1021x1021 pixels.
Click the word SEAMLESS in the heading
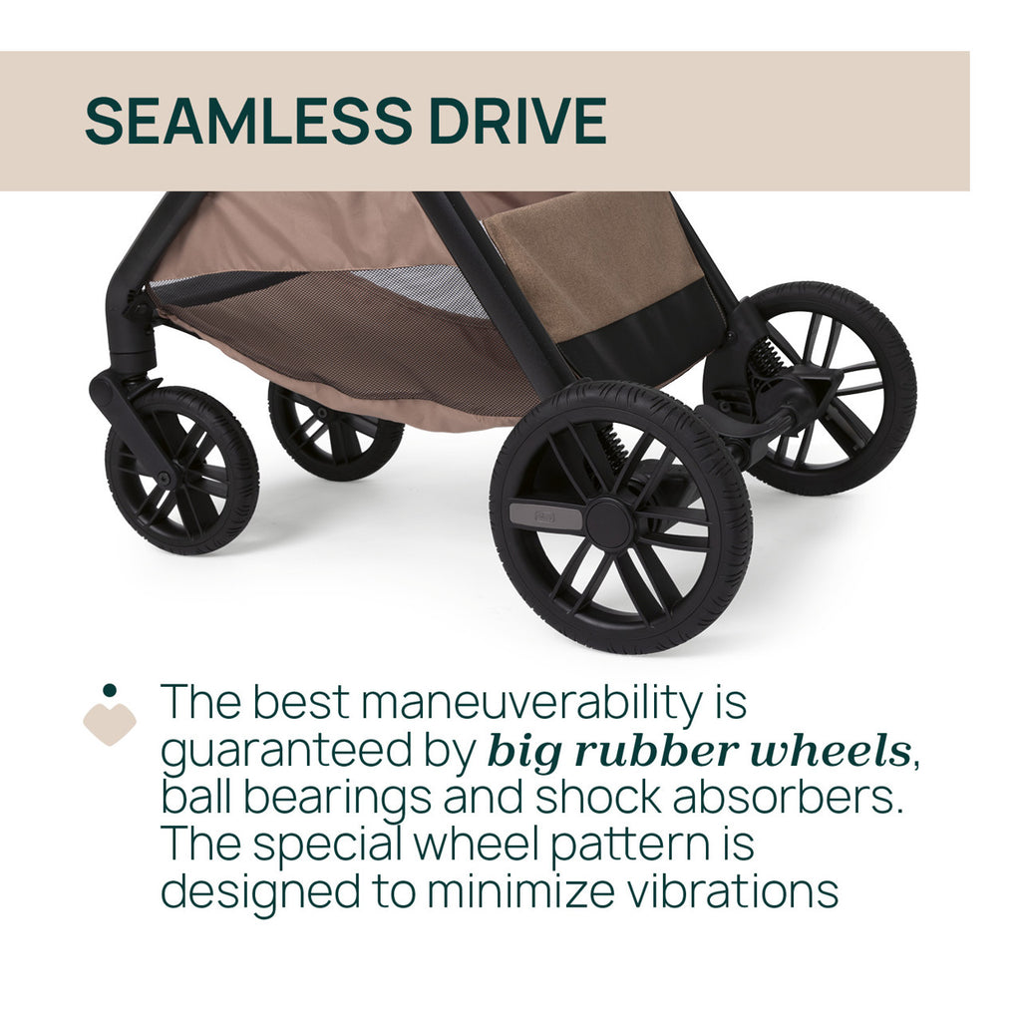click(x=248, y=121)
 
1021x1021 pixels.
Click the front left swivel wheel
click(x=182, y=471)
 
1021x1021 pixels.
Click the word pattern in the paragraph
click(x=630, y=846)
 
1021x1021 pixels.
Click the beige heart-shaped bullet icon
click(x=110, y=724)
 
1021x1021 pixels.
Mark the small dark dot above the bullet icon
click(x=110, y=690)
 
